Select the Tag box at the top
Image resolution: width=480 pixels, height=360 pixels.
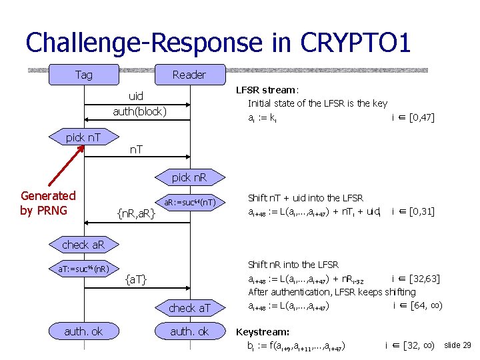(x=84, y=75)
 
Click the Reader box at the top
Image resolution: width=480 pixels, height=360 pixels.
(x=189, y=75)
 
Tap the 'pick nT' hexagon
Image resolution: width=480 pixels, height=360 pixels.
(x=83, y=137)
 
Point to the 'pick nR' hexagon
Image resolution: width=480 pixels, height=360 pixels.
(x=189, y=178)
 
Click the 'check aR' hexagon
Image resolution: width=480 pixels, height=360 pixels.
(x=83, y=245)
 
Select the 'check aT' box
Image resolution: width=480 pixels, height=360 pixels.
(x=189, y=307)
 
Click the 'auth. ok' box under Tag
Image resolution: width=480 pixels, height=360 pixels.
(x=83, y=331)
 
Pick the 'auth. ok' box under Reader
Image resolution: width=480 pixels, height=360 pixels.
(x=189, y=331)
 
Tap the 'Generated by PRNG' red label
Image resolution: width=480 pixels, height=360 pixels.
(x=48, y=203)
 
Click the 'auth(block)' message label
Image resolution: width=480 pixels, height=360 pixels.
(x=139, y=111)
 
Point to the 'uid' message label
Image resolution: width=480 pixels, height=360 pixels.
(x=135, y=97)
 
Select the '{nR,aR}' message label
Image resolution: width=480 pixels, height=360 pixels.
(x=136, y=213)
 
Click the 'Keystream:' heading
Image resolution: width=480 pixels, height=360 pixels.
(x=263, y=331)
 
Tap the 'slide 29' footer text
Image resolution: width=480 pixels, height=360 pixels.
(x=457, y=345)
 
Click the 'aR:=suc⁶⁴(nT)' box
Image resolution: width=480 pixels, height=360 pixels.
(x=189, y=202)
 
